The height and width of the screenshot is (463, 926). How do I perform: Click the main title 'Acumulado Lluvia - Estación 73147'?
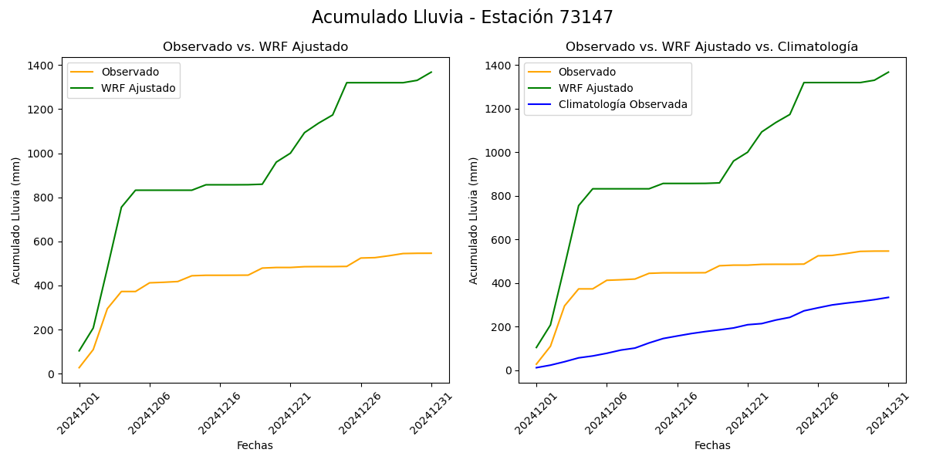(462, 18)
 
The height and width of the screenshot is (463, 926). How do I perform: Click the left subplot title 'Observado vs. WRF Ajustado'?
(255, 47)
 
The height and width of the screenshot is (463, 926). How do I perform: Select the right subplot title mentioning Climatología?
(711, 47)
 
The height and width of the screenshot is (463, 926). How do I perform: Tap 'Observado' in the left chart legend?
(130, 73)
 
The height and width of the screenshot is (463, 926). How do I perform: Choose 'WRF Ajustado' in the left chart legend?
(138, 89)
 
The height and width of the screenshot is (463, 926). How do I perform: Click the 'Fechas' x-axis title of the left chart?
(255, 445)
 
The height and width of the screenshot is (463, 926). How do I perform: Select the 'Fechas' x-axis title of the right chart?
(712, 445)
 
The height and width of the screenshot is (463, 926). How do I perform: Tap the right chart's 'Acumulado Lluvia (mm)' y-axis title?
(474, 221)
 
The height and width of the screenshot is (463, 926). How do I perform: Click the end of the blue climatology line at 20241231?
(888, 297)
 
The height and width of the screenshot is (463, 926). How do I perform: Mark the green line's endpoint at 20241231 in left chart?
(431, 72)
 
